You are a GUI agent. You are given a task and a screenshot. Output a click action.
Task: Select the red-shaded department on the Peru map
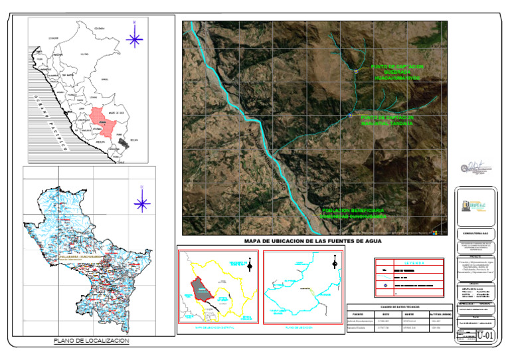[x=101, y=119]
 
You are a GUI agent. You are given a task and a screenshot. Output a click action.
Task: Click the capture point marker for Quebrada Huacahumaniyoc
[x=356, y=72]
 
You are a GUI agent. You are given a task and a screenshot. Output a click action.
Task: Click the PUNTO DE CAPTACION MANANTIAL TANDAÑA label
[x=387, y=120]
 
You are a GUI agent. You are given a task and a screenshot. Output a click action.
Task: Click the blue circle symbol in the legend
[x=384, y=286]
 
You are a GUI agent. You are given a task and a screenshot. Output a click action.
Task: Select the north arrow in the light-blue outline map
[x=333, y=266]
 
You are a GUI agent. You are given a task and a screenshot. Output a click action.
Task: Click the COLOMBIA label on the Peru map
[x=100, y=29]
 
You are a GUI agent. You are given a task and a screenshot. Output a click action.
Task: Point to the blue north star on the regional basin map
[x=141, y=203]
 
